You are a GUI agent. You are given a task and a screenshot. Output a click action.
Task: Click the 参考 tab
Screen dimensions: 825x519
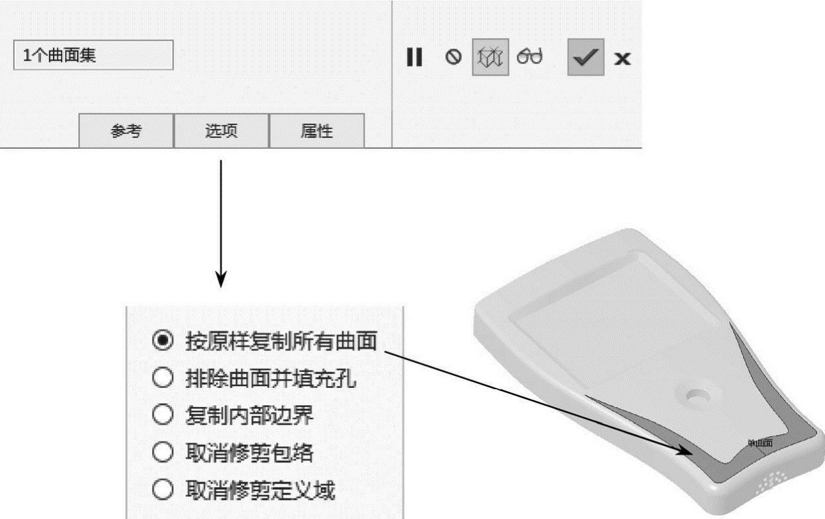tap(126, 131)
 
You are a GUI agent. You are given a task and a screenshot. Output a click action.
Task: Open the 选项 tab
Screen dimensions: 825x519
tap(221, 131)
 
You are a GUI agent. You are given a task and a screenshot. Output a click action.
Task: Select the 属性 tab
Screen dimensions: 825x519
tap(316, 131)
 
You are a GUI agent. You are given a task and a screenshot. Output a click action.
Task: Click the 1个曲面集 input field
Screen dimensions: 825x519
tap(93, 56)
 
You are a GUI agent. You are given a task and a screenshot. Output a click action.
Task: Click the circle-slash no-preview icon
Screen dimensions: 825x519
tap(453, 58)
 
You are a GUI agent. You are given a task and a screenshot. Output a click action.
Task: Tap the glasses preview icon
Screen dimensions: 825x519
tap(530, 57)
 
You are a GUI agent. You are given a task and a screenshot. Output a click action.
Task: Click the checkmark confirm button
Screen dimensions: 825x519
tap(585, 58)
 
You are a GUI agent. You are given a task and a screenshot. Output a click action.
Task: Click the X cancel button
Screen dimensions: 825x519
tap(622, 58)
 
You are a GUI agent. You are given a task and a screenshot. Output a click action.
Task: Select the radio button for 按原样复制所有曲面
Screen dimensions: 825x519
tap(162, 341)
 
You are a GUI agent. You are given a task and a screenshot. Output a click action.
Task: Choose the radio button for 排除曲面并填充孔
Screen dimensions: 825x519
tap(162, 379)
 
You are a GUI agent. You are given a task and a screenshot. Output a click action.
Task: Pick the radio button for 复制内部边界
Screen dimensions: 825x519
tap(162, 416)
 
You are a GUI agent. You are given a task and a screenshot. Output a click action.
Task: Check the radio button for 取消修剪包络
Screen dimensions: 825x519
tap(162, 453)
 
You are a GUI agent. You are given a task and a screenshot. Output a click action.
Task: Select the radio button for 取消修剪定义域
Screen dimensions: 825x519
tap(162, 491)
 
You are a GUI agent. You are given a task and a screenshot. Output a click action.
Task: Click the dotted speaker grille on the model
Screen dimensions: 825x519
tap(771, 482)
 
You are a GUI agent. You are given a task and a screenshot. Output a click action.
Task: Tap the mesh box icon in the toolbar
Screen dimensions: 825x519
tap(490, 58)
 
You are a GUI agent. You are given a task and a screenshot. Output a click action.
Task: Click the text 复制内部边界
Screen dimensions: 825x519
tap(250, 416)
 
